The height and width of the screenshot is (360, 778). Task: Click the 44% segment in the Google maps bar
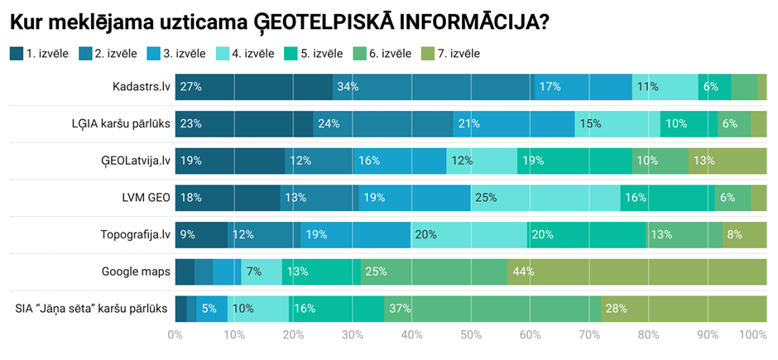(637, 271)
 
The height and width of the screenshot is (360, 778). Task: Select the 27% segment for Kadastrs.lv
(254, 86)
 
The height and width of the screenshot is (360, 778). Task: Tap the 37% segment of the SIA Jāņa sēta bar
(492, 309)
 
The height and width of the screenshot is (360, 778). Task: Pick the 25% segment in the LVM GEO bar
(545, 198)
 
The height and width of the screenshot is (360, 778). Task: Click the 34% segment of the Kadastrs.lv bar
(434, 86)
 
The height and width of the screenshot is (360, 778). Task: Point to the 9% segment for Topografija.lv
(201, 234)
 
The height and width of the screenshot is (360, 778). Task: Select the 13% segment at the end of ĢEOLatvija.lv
(728, 161)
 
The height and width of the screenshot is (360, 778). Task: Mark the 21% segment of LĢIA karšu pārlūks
(514, 123)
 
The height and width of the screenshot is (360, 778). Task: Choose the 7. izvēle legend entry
(450, 54)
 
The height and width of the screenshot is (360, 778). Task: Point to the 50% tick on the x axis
(471, 335)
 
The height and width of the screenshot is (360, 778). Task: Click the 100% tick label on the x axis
(752, 335)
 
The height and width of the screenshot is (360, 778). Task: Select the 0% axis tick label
(175, 335)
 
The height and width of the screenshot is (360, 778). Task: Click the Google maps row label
(136, 271)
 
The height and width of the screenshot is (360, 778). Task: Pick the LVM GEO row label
(142, 198)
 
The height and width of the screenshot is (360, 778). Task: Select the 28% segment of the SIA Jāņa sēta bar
(684, 309)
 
